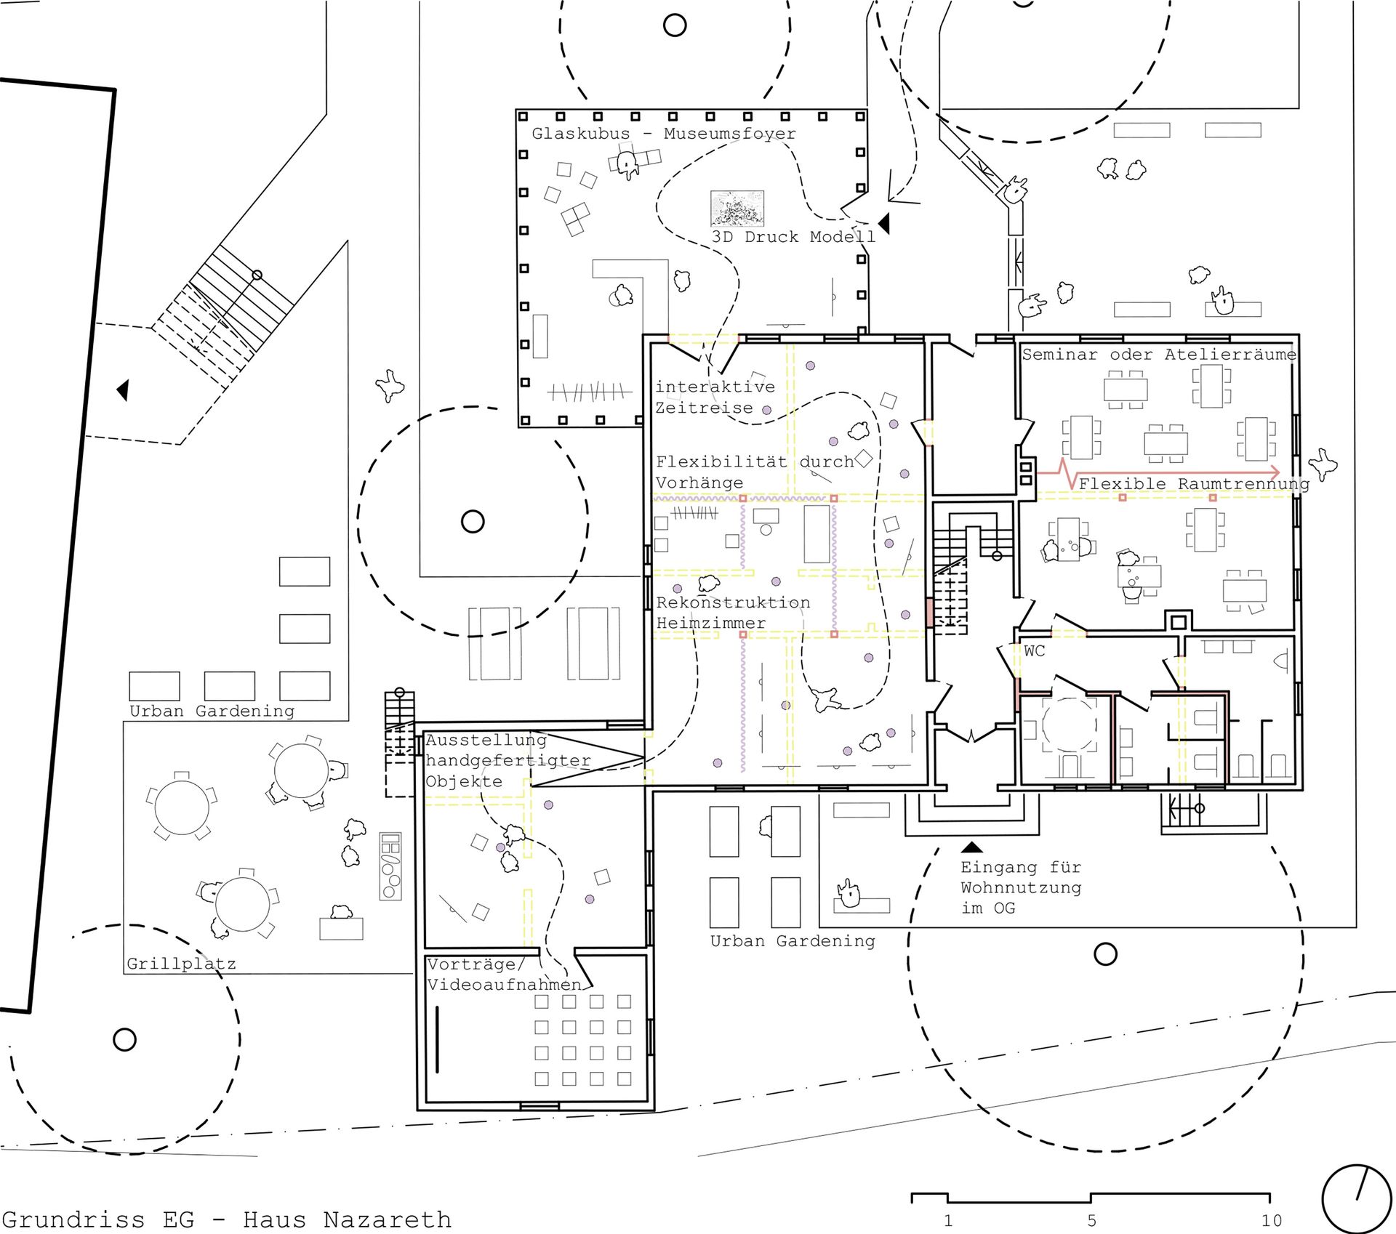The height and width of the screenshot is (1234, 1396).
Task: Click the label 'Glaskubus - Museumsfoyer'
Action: click(664, 134)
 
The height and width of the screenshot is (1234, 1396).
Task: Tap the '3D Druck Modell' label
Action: click(793, 237)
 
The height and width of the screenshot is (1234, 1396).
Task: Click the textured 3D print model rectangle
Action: click(737, 208)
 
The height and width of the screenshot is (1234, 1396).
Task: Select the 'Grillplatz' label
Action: click(181, 964)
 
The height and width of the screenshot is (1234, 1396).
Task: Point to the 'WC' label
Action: click(1035, 651)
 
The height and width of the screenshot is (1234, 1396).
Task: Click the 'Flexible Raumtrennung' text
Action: click(1194, 484)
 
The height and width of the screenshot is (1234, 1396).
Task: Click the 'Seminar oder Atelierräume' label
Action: click(1159, 355)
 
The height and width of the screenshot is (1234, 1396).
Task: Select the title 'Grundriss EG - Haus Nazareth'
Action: click(226, 1219)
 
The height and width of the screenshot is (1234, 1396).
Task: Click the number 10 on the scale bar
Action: click(1272, 1220)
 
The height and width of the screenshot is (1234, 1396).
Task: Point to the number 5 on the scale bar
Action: click(1091, 1220)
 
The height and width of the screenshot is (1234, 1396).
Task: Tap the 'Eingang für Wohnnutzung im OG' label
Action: click(1021, 887)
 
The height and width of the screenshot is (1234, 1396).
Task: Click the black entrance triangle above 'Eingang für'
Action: click(972, 847)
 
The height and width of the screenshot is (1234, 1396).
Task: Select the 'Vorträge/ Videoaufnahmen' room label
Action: click(504, 975)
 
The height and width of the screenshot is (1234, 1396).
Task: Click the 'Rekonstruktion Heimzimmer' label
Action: click(733, 613)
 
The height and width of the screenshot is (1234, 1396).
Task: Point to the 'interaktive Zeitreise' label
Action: click(715, 398)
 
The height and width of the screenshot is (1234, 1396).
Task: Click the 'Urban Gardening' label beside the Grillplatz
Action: click(212, 711)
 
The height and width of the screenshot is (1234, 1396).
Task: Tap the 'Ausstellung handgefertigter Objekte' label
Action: click(508, 761)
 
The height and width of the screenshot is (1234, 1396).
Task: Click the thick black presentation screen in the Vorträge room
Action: click(437, 1039)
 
